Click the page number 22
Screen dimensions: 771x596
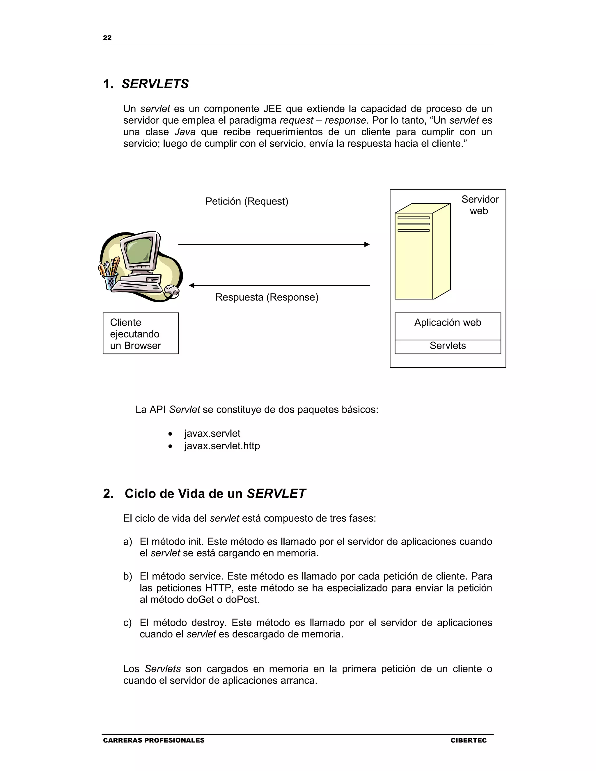tap(107, 38)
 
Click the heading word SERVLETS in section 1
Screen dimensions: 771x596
tap(155, 84)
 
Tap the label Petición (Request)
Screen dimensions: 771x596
tap(247, 201)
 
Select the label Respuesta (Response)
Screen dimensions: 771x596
tap(267, 297)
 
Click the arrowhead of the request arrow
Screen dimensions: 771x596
tap(367, 244)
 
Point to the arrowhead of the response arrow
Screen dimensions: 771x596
tap(192, 285)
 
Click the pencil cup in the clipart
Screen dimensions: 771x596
tap(110, 281)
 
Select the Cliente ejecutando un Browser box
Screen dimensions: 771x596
tap(141, 334)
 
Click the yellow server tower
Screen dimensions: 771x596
tap(422, 253)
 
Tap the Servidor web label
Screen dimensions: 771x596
tap(480, 205)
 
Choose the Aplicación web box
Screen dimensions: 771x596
tap(447, 326)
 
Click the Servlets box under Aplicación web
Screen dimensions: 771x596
tap(447, 346)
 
